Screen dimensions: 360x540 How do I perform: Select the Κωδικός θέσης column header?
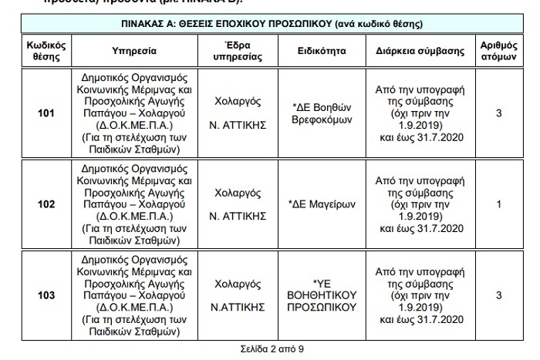(x=46, y=51)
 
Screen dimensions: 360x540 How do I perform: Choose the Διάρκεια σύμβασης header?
(x=420, y=51)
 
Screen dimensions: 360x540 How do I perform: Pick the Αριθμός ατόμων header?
(x=499, y=51)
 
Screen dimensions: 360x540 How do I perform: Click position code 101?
(x=46, y=114)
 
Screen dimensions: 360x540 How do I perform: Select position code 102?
(x=46, y=204)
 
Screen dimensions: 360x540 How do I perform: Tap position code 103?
(x=46, y=294)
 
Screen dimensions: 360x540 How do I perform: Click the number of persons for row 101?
(x=499, y=114)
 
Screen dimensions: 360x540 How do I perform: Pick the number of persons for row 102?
(x=499, y=204)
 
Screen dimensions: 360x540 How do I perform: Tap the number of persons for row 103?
(x=499, y=294)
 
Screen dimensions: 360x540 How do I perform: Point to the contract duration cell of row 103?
(x=420, y=294)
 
